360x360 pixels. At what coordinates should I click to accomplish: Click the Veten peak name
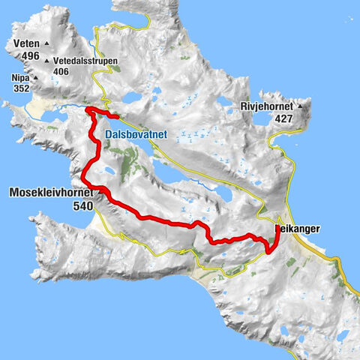(26, 43)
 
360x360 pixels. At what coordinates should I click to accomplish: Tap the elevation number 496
(30, 55)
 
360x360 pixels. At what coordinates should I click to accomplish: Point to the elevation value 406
(61, 72)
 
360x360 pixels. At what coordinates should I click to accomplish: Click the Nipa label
(20, 76)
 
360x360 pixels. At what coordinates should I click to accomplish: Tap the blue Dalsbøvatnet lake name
(146, 135)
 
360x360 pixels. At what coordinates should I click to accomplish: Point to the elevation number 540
(84, 205)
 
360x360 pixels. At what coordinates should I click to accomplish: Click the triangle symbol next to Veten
(46, 43)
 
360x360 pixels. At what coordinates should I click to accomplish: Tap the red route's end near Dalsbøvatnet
(117, 116)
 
